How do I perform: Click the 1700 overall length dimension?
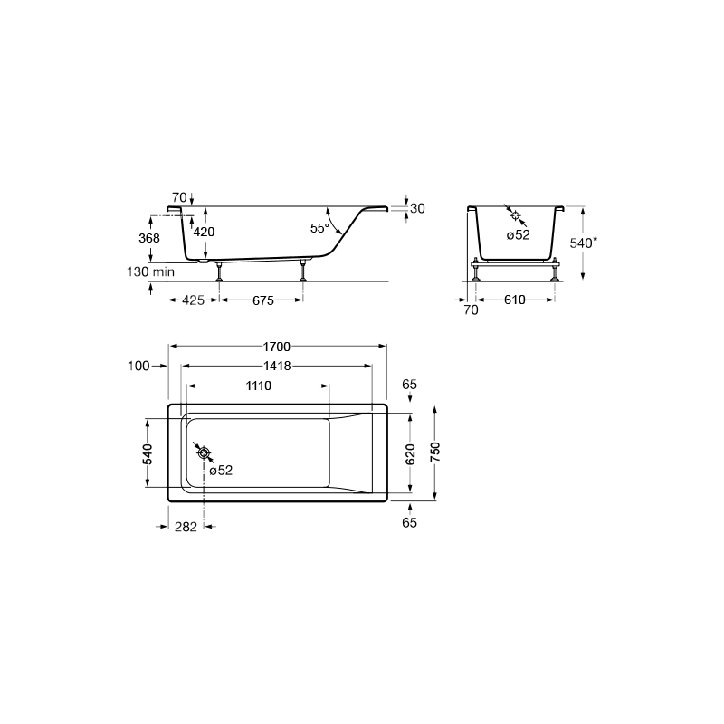(x=277, y=347)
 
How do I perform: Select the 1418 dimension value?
(x=277, y=366)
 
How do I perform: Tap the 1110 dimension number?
(x=259, y=386)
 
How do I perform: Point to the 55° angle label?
(x=319, y=228)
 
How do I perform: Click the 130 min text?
(x=151, y=271)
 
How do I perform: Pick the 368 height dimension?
(x=149, y=238)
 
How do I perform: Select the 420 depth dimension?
(x=204, y=232)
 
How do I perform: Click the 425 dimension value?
(x=193, y=300)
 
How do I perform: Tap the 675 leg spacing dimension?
(x=263, y=300)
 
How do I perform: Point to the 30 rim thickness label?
(x=417, y=209)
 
